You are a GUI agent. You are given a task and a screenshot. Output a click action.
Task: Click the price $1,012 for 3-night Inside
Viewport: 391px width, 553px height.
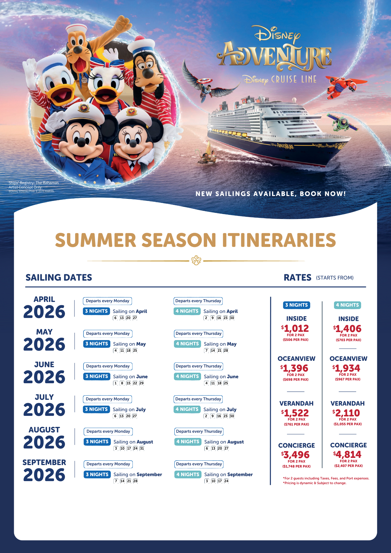[295, 328]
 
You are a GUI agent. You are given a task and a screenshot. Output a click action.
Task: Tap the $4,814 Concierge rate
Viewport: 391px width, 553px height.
[347, 455]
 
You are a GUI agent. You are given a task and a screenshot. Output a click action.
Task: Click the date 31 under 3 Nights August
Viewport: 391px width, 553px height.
[142, 448]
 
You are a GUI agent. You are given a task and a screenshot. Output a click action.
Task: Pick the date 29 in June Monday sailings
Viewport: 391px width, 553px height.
[141, 383]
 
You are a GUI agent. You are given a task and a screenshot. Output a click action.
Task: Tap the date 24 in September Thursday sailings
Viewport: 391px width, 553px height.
[226, 481]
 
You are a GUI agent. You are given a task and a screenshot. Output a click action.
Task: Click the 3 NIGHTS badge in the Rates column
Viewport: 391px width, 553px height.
[296, 305]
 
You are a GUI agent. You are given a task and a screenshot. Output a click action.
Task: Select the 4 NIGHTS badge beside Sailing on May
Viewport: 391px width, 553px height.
[187, 344]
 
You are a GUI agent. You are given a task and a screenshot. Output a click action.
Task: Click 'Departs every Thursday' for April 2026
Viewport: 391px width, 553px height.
[198, 301]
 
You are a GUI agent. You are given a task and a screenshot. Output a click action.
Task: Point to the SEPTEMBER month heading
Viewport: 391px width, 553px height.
[44, 462]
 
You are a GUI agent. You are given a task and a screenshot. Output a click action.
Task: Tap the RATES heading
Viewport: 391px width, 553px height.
[298, 277]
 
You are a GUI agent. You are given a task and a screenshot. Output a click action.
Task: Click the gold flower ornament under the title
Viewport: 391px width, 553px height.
[196, 260]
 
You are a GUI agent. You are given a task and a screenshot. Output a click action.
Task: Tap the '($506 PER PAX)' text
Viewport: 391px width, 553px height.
[295, 340]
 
